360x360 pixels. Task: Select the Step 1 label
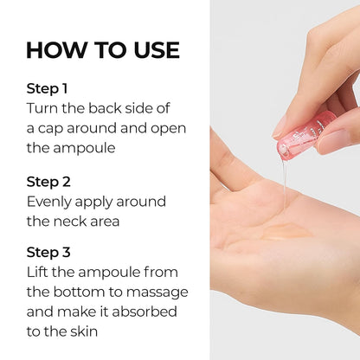tap(47, 88)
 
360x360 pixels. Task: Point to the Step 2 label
tap(48, 182)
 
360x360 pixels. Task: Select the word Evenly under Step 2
tap(50, 201)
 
